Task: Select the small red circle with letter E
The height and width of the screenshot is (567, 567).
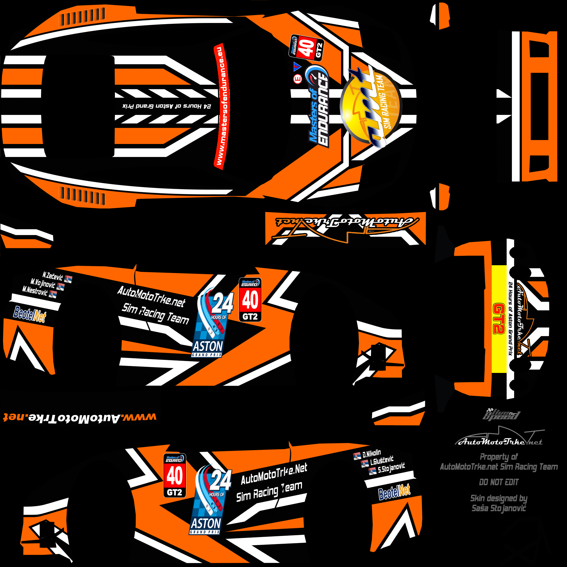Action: pyautogui.click(x=298, y=79)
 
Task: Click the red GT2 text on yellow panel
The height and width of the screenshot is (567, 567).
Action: pyautogui.click(x=499, y=319)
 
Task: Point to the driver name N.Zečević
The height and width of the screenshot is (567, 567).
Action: pyautogui.click(x=53, y=276)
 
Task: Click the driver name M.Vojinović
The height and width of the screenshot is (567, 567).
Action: pyautogui.click(x=43, y=283)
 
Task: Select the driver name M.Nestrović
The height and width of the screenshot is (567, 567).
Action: pyautogui.click(x=35, y=291)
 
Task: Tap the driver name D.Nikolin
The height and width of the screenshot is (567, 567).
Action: pyautogui.click(x=372, y=454)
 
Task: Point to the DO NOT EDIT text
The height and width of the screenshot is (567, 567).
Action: pyautogui.click(x=499, y=482)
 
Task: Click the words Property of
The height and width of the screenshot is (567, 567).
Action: pyautogui.click(x=499, y=457)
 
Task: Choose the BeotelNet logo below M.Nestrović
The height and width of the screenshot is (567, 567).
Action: pyautogui.click(x=30, y=314)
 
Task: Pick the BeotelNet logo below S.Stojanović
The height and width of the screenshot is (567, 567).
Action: pyautogui.click(x=394, y=492)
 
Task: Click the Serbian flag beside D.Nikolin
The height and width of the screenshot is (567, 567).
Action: pyautogui.click(x=357, y=456)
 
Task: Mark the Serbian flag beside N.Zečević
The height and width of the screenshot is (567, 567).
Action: pyautogui.click(x=68, y=279)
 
